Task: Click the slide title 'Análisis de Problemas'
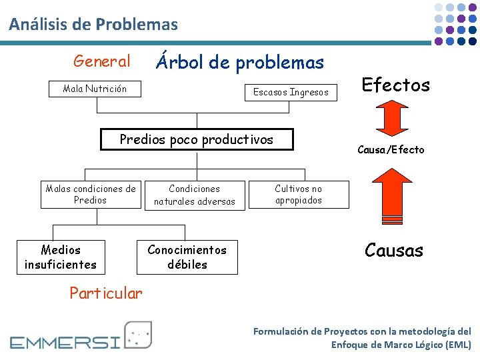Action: pyautogui.click(x=93, y=25)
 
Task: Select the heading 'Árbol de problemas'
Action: pyautogui.click(x=239, y=63)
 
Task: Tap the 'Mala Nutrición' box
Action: pyautogui.click(x=95, y=89)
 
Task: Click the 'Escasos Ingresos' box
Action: pyautogui.click(x=291, y=92)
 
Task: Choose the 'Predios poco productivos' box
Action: pyautogui.click(x=196, y=140)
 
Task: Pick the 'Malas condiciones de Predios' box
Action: pyautogui.click(x=90, y=195)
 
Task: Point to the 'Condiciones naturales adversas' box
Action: pyautogui.click(x=194, y=195)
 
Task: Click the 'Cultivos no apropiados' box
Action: pyautogui.click(x=298, y=195)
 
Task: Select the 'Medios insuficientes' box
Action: pyautogui.click(x=61, y=257)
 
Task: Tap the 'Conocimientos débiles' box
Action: pyautogui.click(x=187, y=257)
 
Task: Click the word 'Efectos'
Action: pyautogui.click(x=395, y=85)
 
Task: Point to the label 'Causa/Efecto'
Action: pyautogui.click(x=391, y=149)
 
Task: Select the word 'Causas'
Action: pyautogui.click(x=393, y=251)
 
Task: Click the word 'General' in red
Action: pyautogui.click(x=102, y=61)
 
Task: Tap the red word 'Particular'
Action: pyautogui.click(x=106, y=293)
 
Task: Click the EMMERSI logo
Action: pyautogui.click(x=81, y=336)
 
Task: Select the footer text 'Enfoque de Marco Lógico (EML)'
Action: pyautogui.click(x=401, y=345)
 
